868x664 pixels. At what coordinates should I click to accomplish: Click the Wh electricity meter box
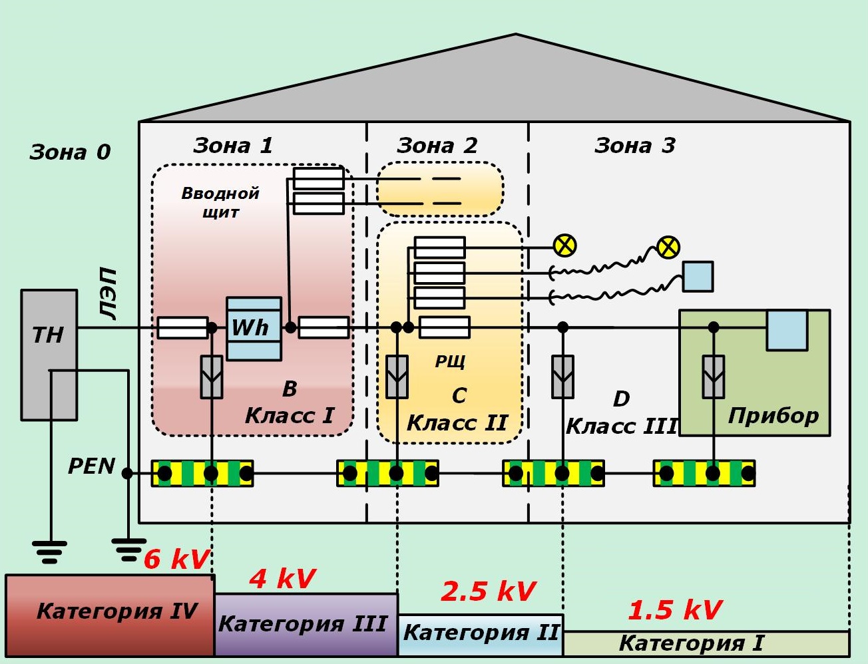[254, 328]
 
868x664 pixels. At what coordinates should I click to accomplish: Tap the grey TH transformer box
[49, 354]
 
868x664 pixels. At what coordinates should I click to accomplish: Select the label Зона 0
[70, 152]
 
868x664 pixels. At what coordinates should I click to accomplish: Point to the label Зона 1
[233, 145]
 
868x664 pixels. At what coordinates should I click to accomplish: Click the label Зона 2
[437, 145]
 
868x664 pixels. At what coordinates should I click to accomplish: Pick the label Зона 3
[634, 145]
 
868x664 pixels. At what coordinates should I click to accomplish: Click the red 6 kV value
[176, 560]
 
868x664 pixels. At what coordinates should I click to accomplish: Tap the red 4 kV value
[282, 579]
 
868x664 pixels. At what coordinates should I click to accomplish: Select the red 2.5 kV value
[488, 591]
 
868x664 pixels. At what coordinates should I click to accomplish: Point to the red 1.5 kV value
[675, 609]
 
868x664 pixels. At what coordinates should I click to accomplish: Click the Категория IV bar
[110, 615]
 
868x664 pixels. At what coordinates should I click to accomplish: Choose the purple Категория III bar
[305, 624]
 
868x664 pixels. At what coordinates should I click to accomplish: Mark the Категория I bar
[706, 643]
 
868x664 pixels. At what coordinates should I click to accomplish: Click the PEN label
[92, 466]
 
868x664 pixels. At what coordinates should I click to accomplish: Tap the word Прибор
[773, 416]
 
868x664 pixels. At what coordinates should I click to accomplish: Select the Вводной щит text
[220, 202]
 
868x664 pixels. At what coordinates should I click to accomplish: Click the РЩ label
[450, 361]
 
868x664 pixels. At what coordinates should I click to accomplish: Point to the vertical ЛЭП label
[107, 294]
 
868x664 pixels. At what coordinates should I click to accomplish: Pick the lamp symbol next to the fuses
[564, 246]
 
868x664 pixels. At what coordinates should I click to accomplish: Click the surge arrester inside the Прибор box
[713, 377]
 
